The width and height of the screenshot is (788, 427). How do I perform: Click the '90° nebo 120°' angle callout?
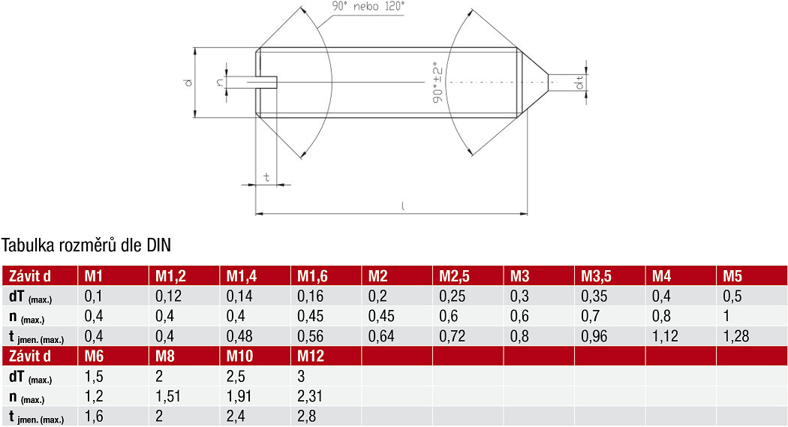coord(368,7)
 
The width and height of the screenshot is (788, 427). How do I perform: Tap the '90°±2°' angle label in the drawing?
coord(438,83)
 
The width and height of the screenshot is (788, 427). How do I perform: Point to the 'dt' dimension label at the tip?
coord(579,83)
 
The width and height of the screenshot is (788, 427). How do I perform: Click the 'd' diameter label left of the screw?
coord(188,83)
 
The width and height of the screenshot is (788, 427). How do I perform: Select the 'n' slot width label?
coord(220,83)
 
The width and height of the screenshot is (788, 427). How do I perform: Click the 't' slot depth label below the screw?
coord(266,177)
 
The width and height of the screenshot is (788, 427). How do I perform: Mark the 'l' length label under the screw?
coord(402,206)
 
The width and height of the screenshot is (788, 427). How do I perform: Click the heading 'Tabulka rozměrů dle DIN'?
coord(86,245)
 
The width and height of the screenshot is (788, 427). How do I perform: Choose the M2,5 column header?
coord(454,276)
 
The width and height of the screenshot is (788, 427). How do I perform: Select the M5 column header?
coord(732,276)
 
